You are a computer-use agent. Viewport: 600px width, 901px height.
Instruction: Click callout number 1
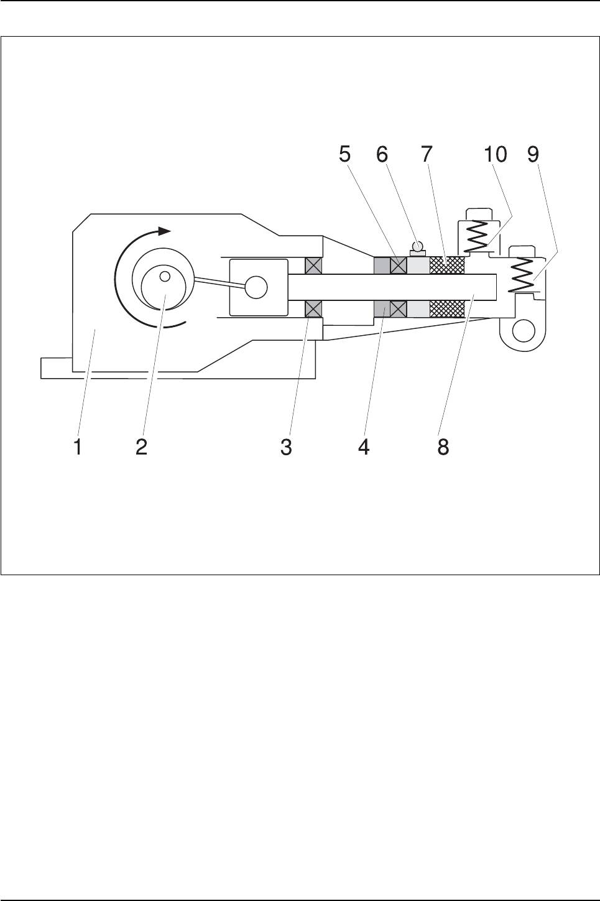78,447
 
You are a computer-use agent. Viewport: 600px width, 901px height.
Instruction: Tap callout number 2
142,447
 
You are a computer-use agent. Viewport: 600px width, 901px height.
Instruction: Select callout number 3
286,447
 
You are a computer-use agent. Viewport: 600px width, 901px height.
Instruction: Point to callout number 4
364,447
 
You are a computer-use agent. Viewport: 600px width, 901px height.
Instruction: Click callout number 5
344,154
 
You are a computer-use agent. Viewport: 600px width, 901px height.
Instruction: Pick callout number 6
382,154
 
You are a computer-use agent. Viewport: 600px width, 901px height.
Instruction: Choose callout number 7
427,154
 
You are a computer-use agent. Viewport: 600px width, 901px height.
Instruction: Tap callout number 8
443,447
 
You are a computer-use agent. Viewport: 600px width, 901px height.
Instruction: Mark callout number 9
533,154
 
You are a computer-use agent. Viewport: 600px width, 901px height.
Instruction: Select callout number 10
496,154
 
